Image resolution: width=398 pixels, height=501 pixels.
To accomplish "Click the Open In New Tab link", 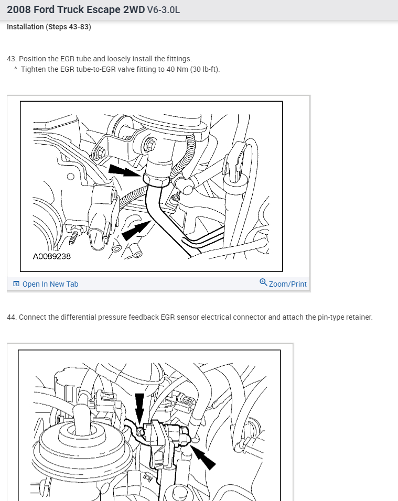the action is pos(50,284).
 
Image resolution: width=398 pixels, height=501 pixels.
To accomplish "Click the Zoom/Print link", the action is pos(288,284).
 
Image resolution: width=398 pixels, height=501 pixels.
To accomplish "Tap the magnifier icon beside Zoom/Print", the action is pos(263,282).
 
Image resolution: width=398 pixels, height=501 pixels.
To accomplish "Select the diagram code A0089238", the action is pos(52,256).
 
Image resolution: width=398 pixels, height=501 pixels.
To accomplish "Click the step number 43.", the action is pos(12,59).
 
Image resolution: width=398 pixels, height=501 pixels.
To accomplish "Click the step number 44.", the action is pos(12,317).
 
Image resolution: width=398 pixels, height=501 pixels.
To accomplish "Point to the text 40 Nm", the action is pos(177,69).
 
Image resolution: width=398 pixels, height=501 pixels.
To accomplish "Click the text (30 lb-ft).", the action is pos(205,69).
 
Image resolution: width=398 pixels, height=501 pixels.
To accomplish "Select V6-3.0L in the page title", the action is pos(164,10).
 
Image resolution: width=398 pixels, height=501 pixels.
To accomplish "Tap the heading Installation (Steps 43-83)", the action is pos(49,27).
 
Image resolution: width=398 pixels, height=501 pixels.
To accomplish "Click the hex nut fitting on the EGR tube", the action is pos(156,179).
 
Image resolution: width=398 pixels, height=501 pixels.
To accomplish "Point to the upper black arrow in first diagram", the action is pos(125,170).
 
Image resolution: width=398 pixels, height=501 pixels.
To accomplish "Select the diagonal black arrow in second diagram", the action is pos(203,458).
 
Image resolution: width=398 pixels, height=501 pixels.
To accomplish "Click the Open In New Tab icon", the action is pos(16,284).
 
